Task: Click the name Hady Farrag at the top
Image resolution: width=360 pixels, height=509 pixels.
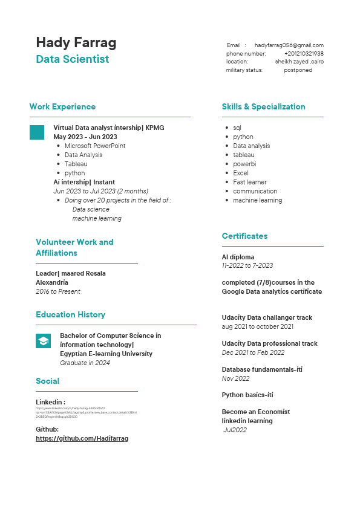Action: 76,42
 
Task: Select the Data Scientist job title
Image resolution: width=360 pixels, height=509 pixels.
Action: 73,59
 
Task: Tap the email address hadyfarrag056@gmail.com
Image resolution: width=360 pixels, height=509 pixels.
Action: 289,45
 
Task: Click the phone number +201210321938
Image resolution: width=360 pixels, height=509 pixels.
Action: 304,54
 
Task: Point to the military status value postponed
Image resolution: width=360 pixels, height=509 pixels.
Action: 298,70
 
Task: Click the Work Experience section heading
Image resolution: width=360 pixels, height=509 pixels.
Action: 62,107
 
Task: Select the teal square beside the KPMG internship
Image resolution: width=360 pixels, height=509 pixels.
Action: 37,132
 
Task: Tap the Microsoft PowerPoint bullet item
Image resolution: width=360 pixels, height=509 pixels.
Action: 95,146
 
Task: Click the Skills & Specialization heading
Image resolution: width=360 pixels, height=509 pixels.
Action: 263,107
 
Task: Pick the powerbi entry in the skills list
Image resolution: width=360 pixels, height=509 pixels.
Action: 244,164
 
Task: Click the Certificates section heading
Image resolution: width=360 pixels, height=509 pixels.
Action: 244,236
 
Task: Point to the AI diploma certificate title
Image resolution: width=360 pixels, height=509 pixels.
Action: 238,257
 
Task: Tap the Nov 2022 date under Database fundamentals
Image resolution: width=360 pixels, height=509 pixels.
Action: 235,378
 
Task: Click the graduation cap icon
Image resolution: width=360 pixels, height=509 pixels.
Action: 43,341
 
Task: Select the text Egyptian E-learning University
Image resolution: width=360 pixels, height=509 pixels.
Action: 106,354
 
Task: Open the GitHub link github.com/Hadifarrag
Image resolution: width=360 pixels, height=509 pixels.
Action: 82,438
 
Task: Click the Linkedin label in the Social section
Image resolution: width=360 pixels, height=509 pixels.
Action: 50,402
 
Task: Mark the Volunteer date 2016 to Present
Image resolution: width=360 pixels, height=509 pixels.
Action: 58,291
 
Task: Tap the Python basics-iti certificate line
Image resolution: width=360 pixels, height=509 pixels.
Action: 247,395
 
